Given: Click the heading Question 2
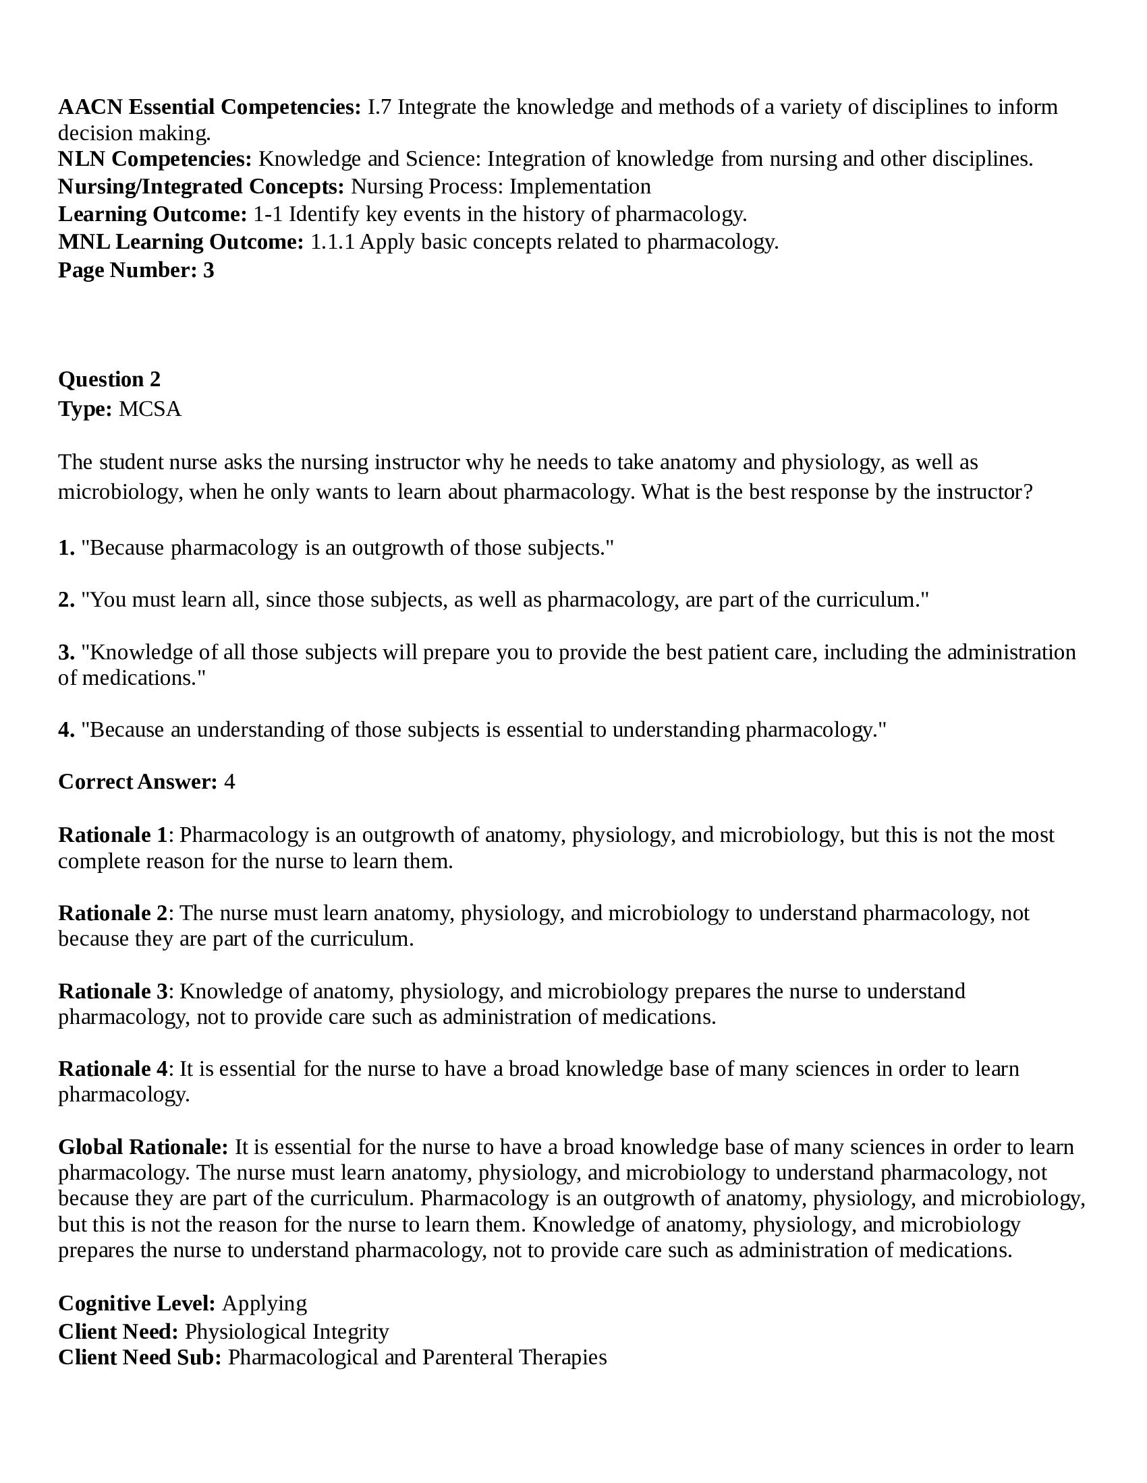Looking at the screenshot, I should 109,379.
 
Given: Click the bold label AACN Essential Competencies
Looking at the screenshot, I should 209,107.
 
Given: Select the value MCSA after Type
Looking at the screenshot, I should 150,408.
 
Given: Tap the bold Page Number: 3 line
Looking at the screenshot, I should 136,270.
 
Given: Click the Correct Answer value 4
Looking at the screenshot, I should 229,781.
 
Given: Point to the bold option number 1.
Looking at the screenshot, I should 66,547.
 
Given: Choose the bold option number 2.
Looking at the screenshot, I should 66,599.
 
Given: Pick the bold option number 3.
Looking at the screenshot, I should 66,652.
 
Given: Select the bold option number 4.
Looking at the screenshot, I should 66,729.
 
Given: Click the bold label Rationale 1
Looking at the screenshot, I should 113,835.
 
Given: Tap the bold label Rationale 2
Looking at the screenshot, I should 113,913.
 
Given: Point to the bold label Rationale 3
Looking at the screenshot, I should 113,991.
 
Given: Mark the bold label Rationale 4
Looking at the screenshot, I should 113,1069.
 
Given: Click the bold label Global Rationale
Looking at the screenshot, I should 143,1147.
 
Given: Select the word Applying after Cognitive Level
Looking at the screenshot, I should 264,1303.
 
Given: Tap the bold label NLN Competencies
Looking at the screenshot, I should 155,159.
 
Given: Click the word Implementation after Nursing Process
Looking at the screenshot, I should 580,186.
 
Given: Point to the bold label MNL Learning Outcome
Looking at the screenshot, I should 181,242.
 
